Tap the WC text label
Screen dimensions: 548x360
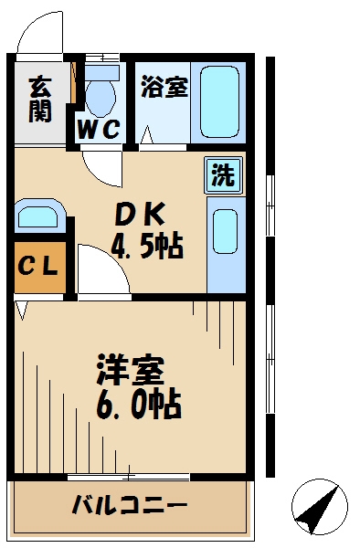point(99,130)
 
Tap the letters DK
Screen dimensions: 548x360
point(140,214)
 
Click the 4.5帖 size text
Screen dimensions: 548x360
point(148,245)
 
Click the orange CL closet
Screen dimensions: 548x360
point(39,267)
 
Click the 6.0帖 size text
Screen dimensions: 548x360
point(139,403)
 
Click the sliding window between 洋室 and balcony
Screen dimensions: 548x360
point(128,477)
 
